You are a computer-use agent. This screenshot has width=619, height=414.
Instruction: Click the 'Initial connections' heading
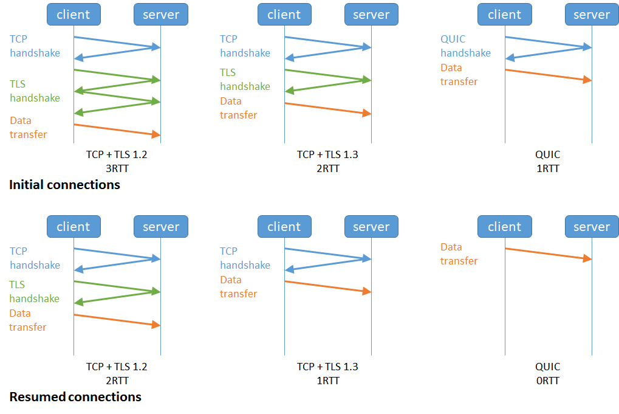(64, 185)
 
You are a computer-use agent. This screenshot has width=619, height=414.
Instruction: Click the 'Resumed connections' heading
(75, 397)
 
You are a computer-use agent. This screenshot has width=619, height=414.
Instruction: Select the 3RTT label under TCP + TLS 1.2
(117, 168)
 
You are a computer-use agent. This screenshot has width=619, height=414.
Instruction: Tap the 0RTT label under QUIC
(547, 381)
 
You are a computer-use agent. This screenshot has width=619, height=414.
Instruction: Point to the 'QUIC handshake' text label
(465, 46)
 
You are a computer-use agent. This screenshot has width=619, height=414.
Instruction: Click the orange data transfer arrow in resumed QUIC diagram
(548, 254)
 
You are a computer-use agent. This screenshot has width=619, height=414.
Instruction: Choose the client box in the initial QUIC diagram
(504, 15)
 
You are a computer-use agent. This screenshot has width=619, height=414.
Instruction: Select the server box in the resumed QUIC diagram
(591, 227)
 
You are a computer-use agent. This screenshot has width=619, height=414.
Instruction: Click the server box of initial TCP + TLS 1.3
(371, 15)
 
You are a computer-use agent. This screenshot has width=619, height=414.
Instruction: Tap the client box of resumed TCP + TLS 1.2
(74, 227)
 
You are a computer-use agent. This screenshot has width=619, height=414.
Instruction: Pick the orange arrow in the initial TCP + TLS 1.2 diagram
(117, 129)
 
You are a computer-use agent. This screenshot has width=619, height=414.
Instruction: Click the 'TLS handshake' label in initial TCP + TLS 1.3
(245, 80)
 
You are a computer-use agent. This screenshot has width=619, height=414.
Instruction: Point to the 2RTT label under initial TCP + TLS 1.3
(327, 168)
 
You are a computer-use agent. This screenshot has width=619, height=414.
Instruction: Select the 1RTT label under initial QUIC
(547, 168)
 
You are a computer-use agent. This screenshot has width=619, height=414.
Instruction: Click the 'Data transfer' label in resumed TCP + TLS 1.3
(238, 287)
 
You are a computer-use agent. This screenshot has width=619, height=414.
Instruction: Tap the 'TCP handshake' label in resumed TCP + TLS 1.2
(35, 258)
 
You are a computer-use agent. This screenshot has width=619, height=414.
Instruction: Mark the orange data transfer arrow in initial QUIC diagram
(548, 75)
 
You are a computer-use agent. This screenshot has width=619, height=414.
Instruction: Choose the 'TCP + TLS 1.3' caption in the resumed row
(327, 367)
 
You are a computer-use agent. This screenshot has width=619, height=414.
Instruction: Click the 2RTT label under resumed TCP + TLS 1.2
(117, 381)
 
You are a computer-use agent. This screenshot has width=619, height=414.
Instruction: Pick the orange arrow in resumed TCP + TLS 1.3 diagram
(327, 287)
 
